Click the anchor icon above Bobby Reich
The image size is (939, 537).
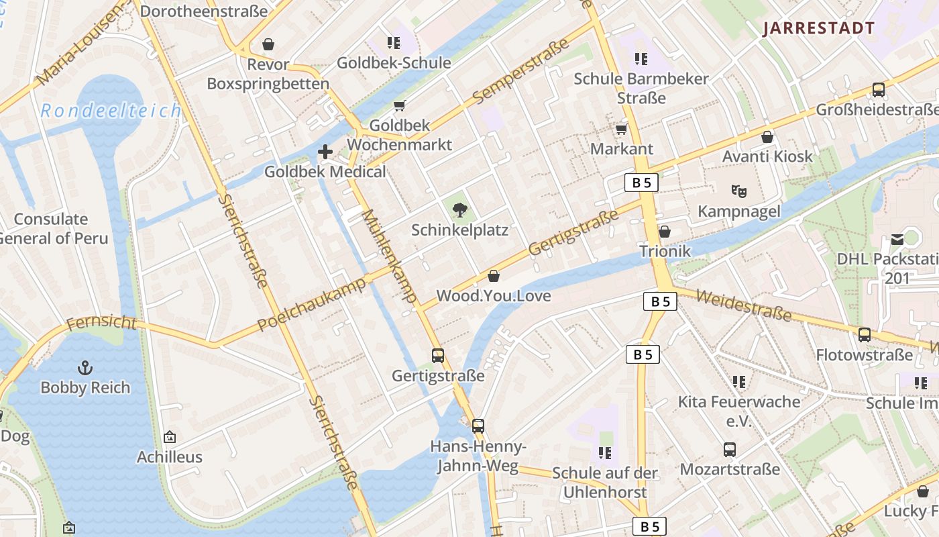point(85,367)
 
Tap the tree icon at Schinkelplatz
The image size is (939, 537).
point(459,211)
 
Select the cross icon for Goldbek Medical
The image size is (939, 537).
point(325,152)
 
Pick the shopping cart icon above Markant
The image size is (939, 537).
point(622,129)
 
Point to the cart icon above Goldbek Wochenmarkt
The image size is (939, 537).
point(400,105)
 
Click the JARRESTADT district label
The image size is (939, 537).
point(819,28)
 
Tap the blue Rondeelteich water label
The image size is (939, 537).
point(111,111)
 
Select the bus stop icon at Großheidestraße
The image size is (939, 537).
point(878,90)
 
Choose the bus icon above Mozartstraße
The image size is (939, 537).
point(730,449)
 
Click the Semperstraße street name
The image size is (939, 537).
point(520,71)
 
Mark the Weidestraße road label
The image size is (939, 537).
point(743,305)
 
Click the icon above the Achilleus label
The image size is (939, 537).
point(170,437)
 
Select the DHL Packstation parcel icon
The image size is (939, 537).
point(897,239)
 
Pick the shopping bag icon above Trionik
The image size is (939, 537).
point(664,232)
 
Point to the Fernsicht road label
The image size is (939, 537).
point(101,324)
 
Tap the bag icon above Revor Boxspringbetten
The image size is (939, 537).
point(268,44)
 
